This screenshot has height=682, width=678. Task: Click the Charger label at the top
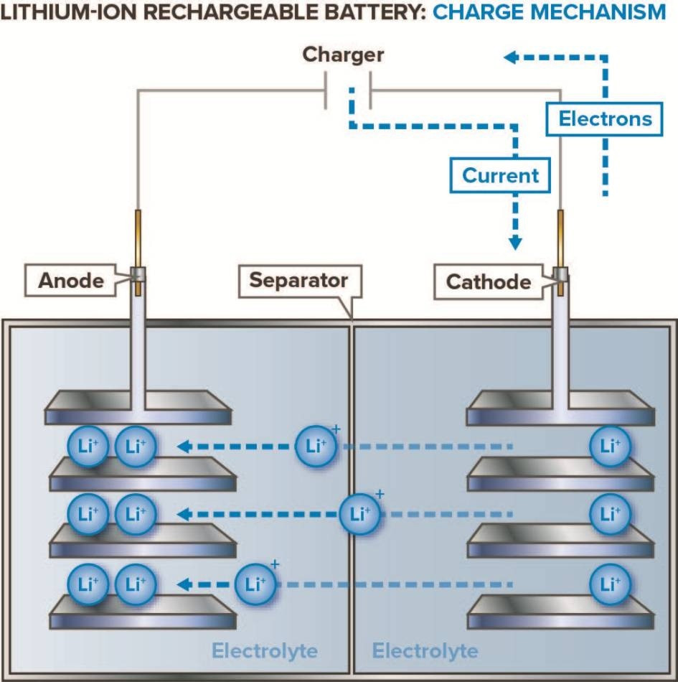[x=343, y=55]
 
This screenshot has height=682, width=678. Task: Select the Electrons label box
[x=606, y=118]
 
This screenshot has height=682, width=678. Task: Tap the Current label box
[x=500, y=175]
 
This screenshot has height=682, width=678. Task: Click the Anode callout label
[x=71, y=280]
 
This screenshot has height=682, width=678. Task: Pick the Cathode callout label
[x=489, y=281]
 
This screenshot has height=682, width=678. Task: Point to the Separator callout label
[x=298, y=281]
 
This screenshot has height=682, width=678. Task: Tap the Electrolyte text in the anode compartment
[x=264, y=650]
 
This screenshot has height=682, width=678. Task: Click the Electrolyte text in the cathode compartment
[x=425, y=650]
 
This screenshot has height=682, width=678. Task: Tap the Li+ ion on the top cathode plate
[x=610, y=446]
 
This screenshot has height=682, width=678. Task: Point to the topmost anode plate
[x=138, y=408]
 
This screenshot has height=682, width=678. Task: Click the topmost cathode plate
[x=560, y=408]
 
